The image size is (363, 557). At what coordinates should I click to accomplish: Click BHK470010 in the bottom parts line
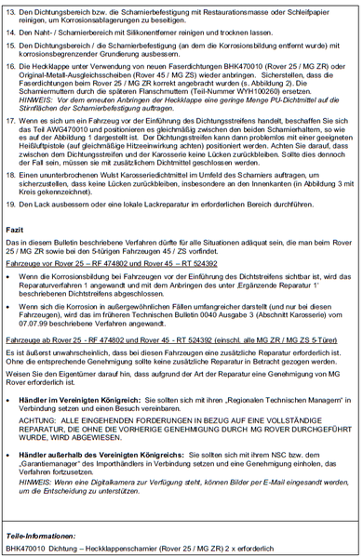[x=24, y=549]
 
